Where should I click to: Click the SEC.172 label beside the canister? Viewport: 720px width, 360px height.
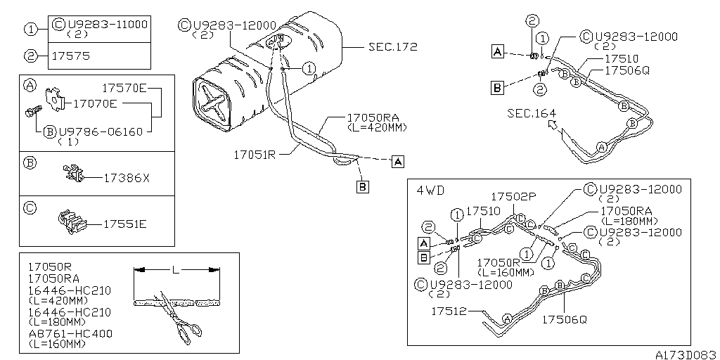coord(392,47)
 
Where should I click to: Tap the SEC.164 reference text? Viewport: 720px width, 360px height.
coord(532,113)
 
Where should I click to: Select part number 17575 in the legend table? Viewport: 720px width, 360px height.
coord(71,56)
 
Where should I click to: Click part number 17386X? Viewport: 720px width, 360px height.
coord(127,178)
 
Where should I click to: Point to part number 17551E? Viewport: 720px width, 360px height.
coord(125,224)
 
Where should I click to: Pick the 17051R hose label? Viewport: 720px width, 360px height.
coord(255,155)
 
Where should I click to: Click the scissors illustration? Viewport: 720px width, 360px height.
coord(179,318)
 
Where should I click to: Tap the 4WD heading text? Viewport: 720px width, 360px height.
coord(430,190)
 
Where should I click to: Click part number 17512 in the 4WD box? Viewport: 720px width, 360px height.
coord(449,311)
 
